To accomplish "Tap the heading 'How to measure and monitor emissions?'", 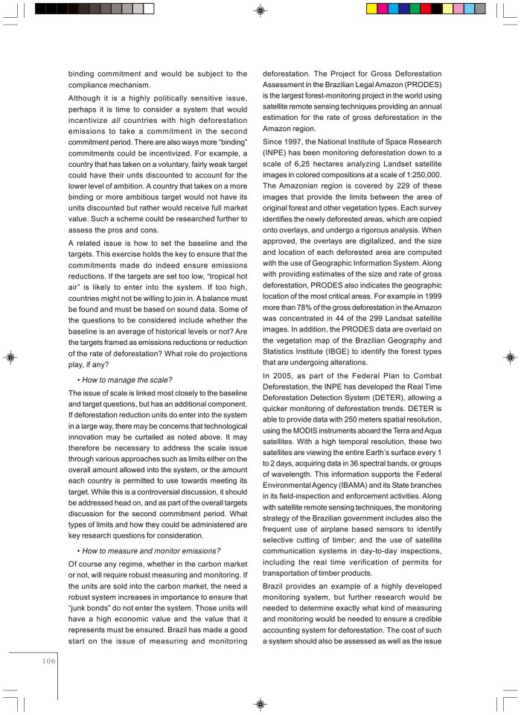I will tap(150, 550).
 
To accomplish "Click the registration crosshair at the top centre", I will tap(260, 10).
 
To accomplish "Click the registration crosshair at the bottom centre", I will tap(260, 703).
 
